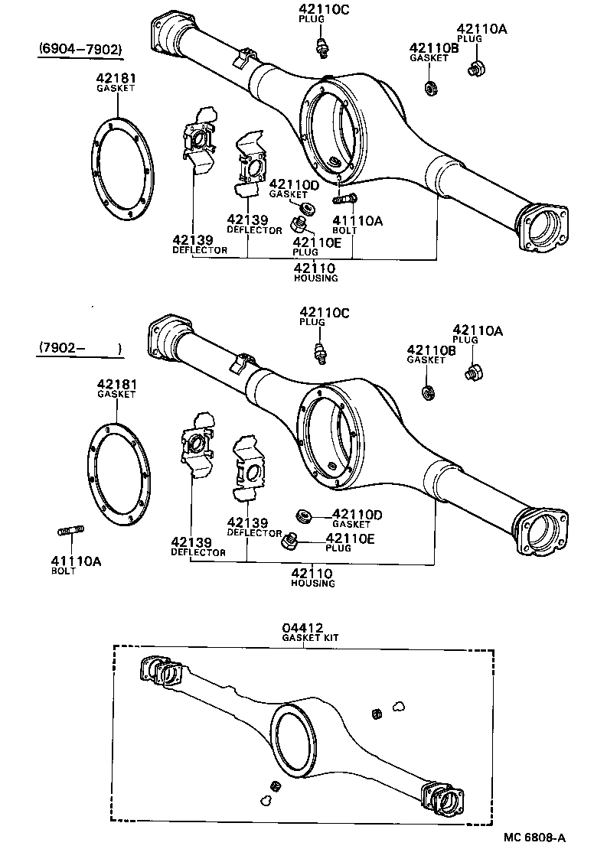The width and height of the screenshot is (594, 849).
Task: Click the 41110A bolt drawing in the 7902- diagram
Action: pyautogui.click(x=70, y=531)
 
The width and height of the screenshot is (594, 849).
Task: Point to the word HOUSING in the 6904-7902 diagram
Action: pyautogui.click(x=315, y=278)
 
